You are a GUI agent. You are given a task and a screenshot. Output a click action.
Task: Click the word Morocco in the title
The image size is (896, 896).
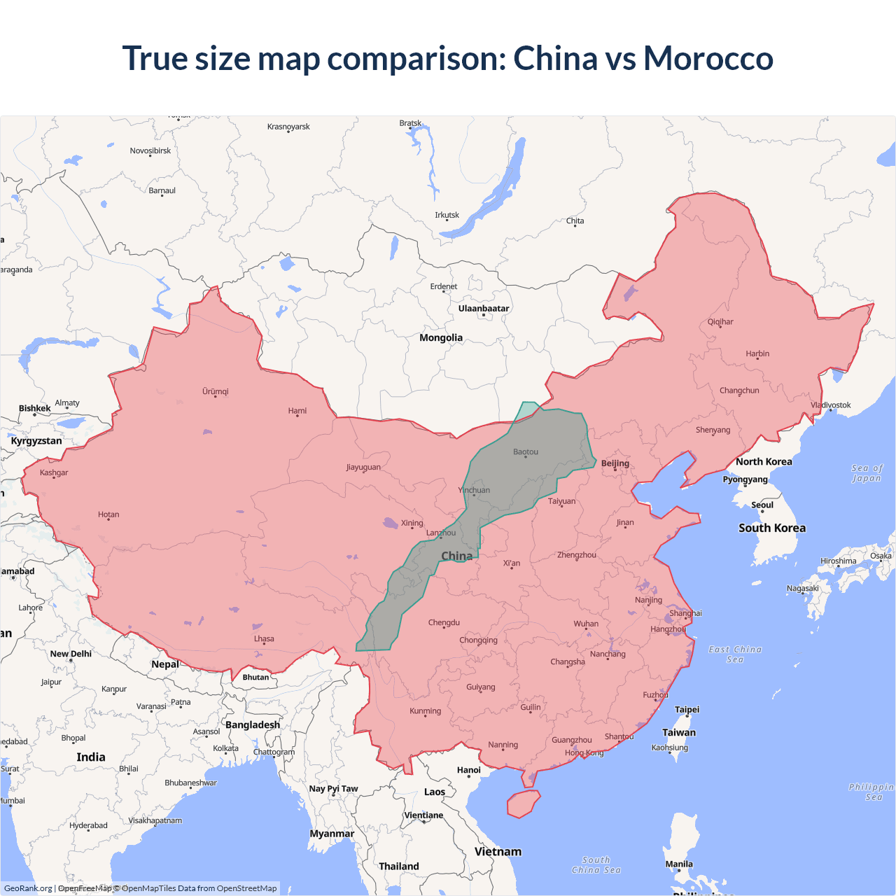(708, 58)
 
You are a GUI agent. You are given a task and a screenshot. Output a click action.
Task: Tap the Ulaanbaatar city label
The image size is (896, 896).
(484, 309)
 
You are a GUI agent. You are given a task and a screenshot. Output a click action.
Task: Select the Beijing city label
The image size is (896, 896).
(615, 463)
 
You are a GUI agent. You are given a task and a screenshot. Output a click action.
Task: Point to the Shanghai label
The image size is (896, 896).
(685, 613)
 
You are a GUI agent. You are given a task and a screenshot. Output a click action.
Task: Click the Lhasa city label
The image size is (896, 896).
(264, 639)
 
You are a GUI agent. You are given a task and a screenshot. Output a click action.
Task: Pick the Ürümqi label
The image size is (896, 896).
(216, 392)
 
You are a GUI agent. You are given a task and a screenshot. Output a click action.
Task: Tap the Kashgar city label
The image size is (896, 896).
(54, 473)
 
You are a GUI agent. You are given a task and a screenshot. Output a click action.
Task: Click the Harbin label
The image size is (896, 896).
(757, 354)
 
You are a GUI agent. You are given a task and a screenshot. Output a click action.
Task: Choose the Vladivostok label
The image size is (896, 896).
(831, 405)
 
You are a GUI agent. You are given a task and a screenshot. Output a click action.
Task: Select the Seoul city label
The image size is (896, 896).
(762, 505)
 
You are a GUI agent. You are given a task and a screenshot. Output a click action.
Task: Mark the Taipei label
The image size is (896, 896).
(687, 710)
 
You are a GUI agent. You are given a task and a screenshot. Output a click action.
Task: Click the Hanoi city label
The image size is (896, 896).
(469, 770)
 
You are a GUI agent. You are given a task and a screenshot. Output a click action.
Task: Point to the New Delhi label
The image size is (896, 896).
(71, 654)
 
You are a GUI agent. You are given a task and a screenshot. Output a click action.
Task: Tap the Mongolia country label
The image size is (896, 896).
(441, 338)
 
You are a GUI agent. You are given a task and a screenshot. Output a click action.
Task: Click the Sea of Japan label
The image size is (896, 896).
(867, 473)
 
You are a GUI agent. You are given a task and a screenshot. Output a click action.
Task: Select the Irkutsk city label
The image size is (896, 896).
(447, 216)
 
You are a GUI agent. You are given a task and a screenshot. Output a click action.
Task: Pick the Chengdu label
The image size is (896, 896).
(444, 623)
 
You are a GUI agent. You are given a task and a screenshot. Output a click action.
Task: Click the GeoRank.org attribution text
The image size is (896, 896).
(28, 888)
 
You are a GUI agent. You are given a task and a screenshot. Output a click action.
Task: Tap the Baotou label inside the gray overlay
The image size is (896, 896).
(526, 452)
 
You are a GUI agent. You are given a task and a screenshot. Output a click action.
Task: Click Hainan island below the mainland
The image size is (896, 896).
(523, 804)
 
